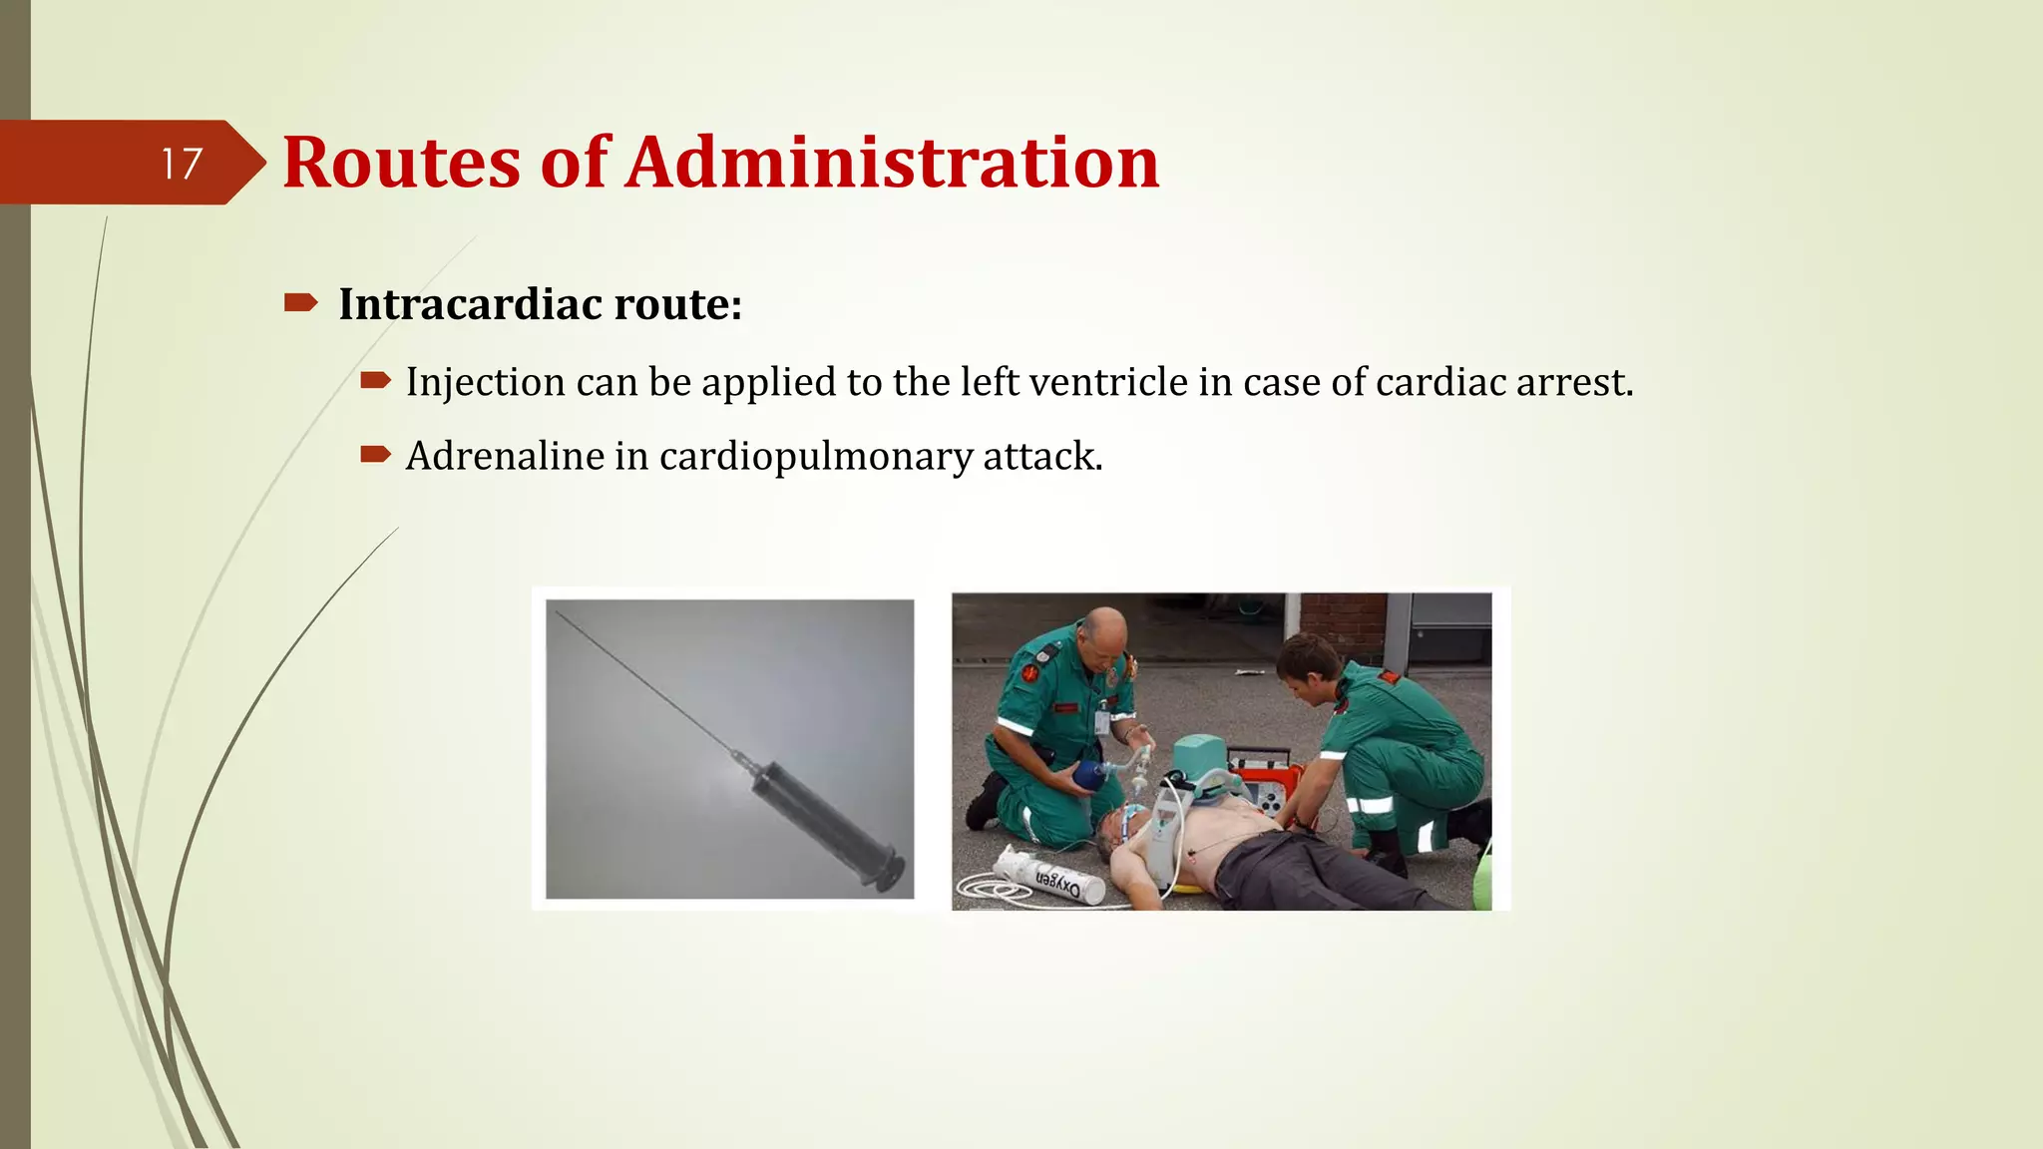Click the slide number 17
pyautogui.click(x=182, y=164)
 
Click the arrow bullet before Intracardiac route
pyautogui.click(x=299, y=302)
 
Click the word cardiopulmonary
pyautogui.click(x=815, y=457)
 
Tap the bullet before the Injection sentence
pyautogui.click(x=375, y=380)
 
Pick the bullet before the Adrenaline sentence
pyautogui.click(x=375, y=455)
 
